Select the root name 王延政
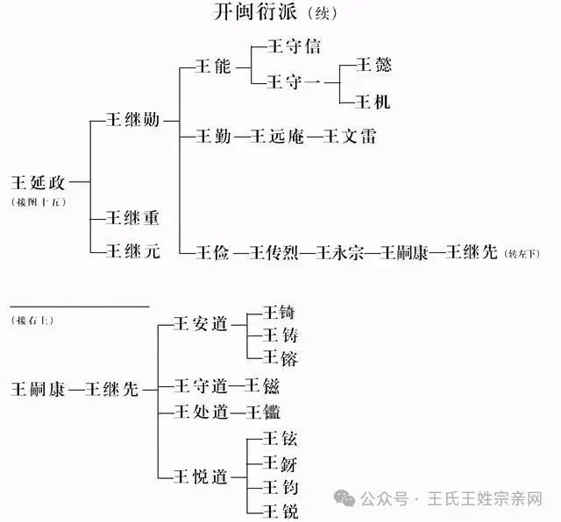(39, 183)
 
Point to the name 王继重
(133, 216)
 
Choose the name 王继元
(133, 250)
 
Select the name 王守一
(295, 82)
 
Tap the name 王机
(373, 102)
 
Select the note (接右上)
(33, 320)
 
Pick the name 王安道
(201, 324)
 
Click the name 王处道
(201, 411)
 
